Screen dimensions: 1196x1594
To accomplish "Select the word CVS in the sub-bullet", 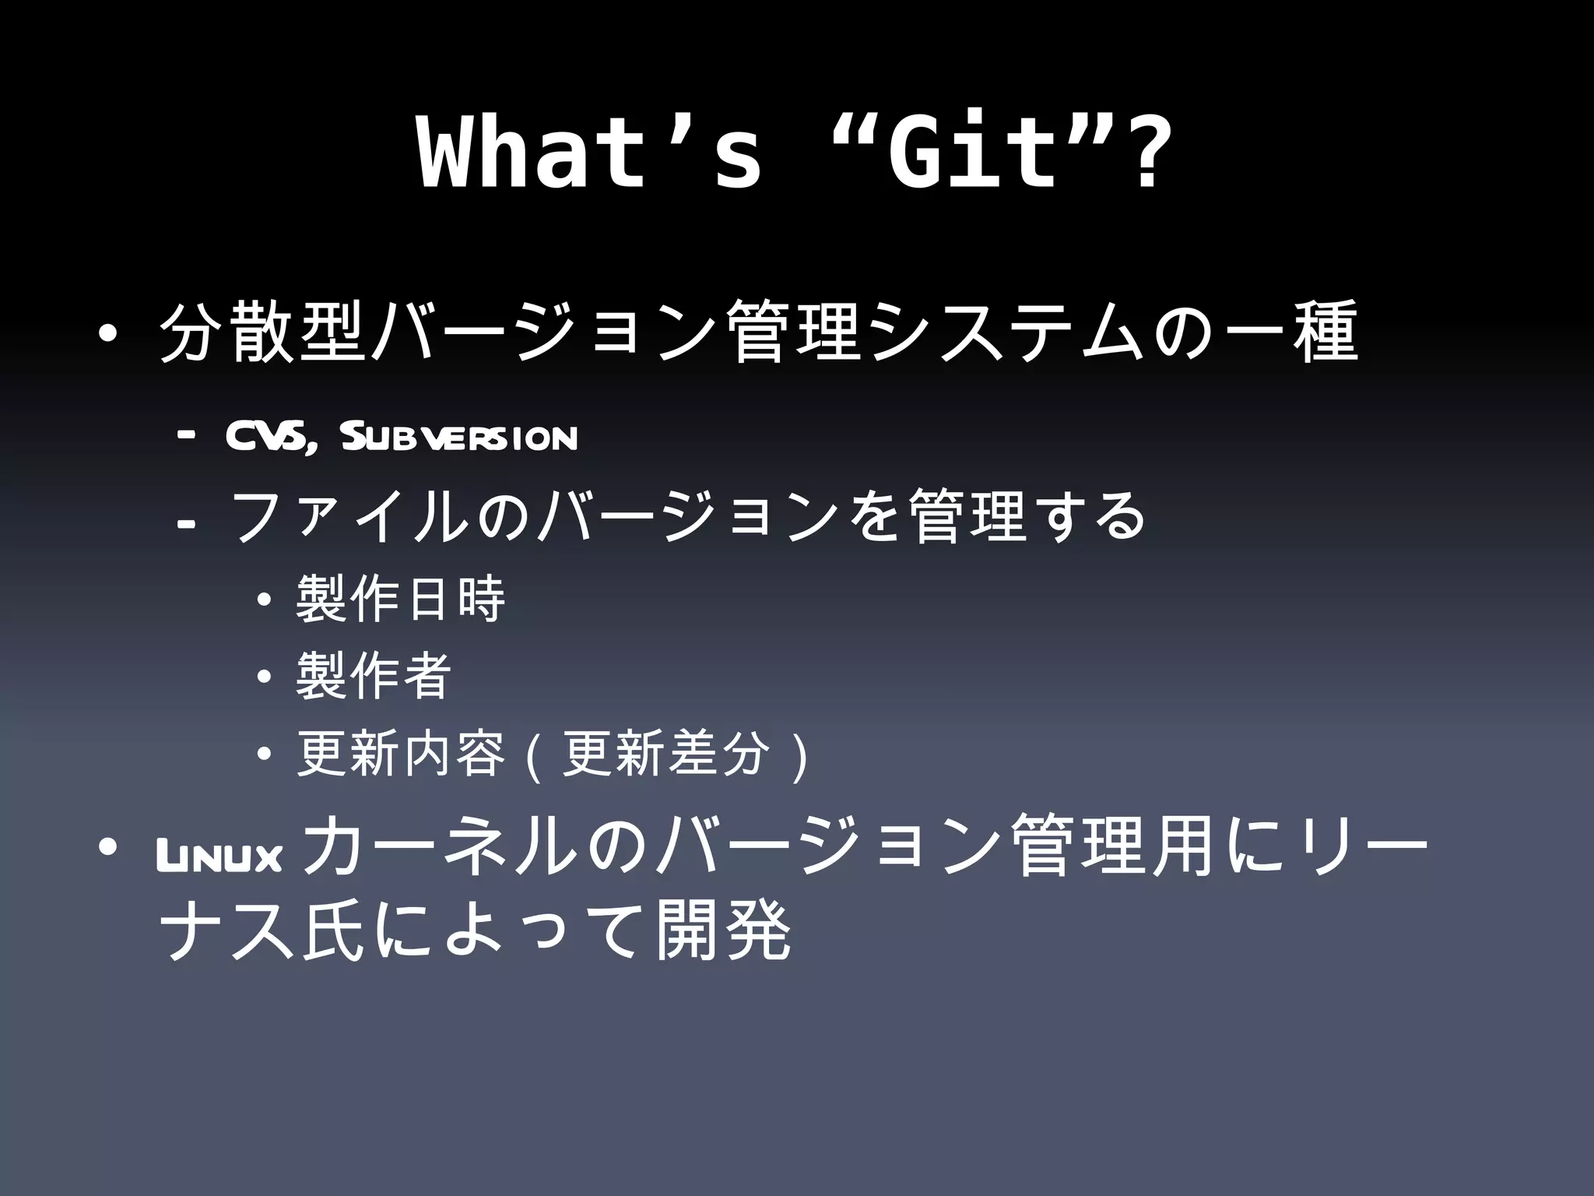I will coord(268,438).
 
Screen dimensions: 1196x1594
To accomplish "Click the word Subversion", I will coord(459,438).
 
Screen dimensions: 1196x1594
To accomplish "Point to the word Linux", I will coord(219,859).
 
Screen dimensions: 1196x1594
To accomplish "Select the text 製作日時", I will coord(401,600).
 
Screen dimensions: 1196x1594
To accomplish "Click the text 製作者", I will coord(374,676).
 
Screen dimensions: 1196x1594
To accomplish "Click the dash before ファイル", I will coord(186,526).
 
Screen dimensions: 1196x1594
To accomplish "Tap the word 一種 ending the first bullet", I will coord(1292,332).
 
